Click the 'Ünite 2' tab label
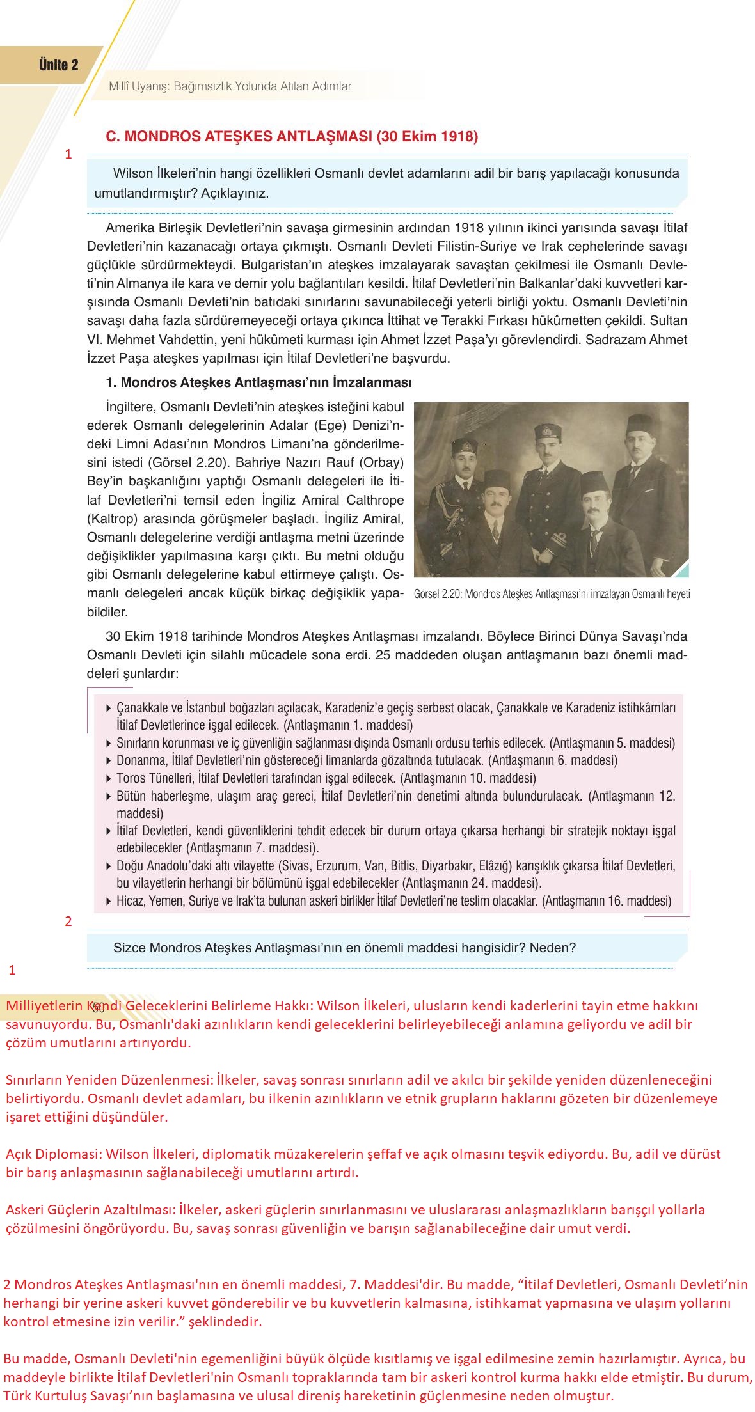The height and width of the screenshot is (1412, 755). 58,65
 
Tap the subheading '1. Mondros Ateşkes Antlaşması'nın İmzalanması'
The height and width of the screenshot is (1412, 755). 258,382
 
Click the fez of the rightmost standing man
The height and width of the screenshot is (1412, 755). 635,423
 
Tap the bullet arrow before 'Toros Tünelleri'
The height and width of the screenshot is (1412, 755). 108,779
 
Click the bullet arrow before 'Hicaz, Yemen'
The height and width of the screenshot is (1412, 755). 108,902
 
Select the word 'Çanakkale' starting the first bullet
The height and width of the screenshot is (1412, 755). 141,708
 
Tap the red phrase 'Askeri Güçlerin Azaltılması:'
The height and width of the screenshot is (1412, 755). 90,1210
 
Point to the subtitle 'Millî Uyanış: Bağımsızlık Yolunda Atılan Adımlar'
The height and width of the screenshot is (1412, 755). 230,86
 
